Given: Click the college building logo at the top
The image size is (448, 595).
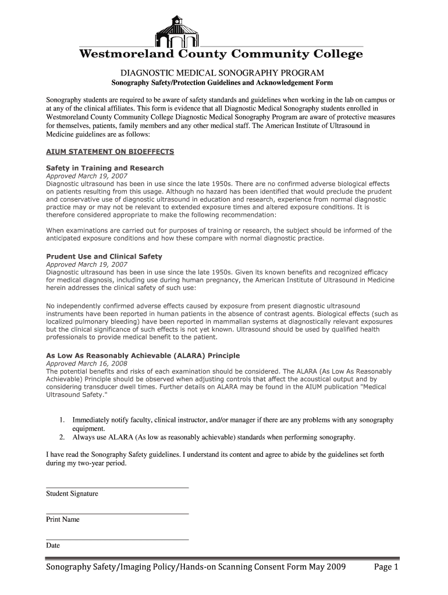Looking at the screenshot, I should point(177,32).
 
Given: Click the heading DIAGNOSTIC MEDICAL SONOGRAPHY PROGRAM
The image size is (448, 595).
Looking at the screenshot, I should point(222,73).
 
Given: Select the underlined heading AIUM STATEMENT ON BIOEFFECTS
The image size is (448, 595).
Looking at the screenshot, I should point(110,152).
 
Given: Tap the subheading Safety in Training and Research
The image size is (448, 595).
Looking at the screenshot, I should point(105,168).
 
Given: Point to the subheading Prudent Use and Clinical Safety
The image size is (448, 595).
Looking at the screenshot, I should point(104,256).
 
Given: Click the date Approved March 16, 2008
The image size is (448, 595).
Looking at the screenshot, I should point(86,364).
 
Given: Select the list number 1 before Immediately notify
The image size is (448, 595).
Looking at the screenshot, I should point(61,420).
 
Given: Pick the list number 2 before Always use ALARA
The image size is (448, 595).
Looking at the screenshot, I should point(61,438).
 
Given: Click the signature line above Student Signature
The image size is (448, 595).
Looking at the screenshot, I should point(117,488).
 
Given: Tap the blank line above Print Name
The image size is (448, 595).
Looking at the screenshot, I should point(117,514).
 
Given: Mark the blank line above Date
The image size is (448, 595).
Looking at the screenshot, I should point(117,540).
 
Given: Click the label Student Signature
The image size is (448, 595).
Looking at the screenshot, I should point(72,494).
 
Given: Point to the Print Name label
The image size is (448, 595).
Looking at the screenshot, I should point(63,519).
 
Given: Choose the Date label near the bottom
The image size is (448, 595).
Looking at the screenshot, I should point(53,546).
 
